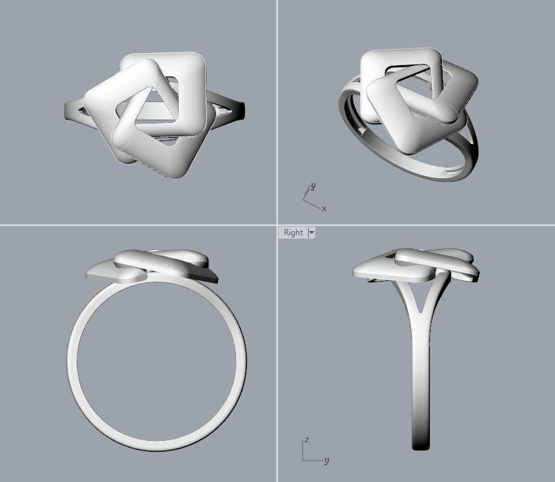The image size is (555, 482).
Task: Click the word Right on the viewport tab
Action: tap(293, 233)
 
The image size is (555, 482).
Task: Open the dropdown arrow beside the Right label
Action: tap(311, 233)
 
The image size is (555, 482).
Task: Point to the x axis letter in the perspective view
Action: tap(324, 208)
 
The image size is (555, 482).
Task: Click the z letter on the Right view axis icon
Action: tap(306, 440)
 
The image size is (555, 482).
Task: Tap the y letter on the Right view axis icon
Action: tap(326, 460)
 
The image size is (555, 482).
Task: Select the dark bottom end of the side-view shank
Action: tap(420, 444)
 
